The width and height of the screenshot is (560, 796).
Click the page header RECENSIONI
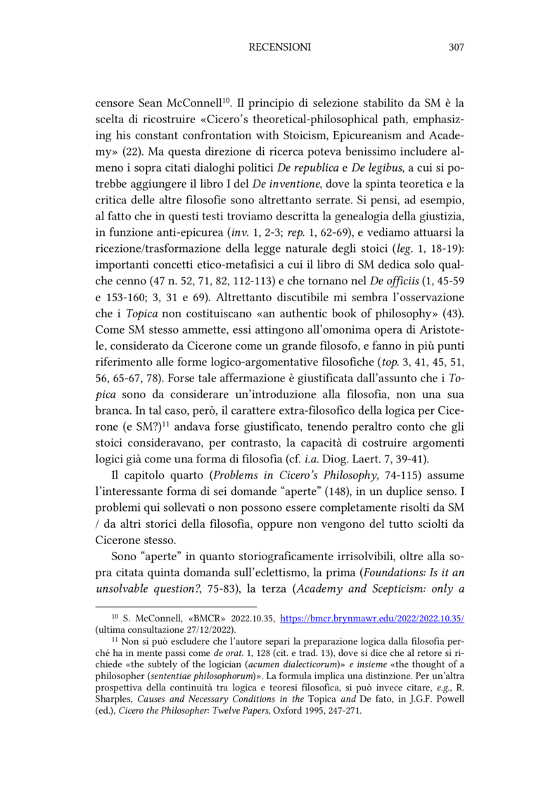280,48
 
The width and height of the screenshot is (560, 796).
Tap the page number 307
455,48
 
